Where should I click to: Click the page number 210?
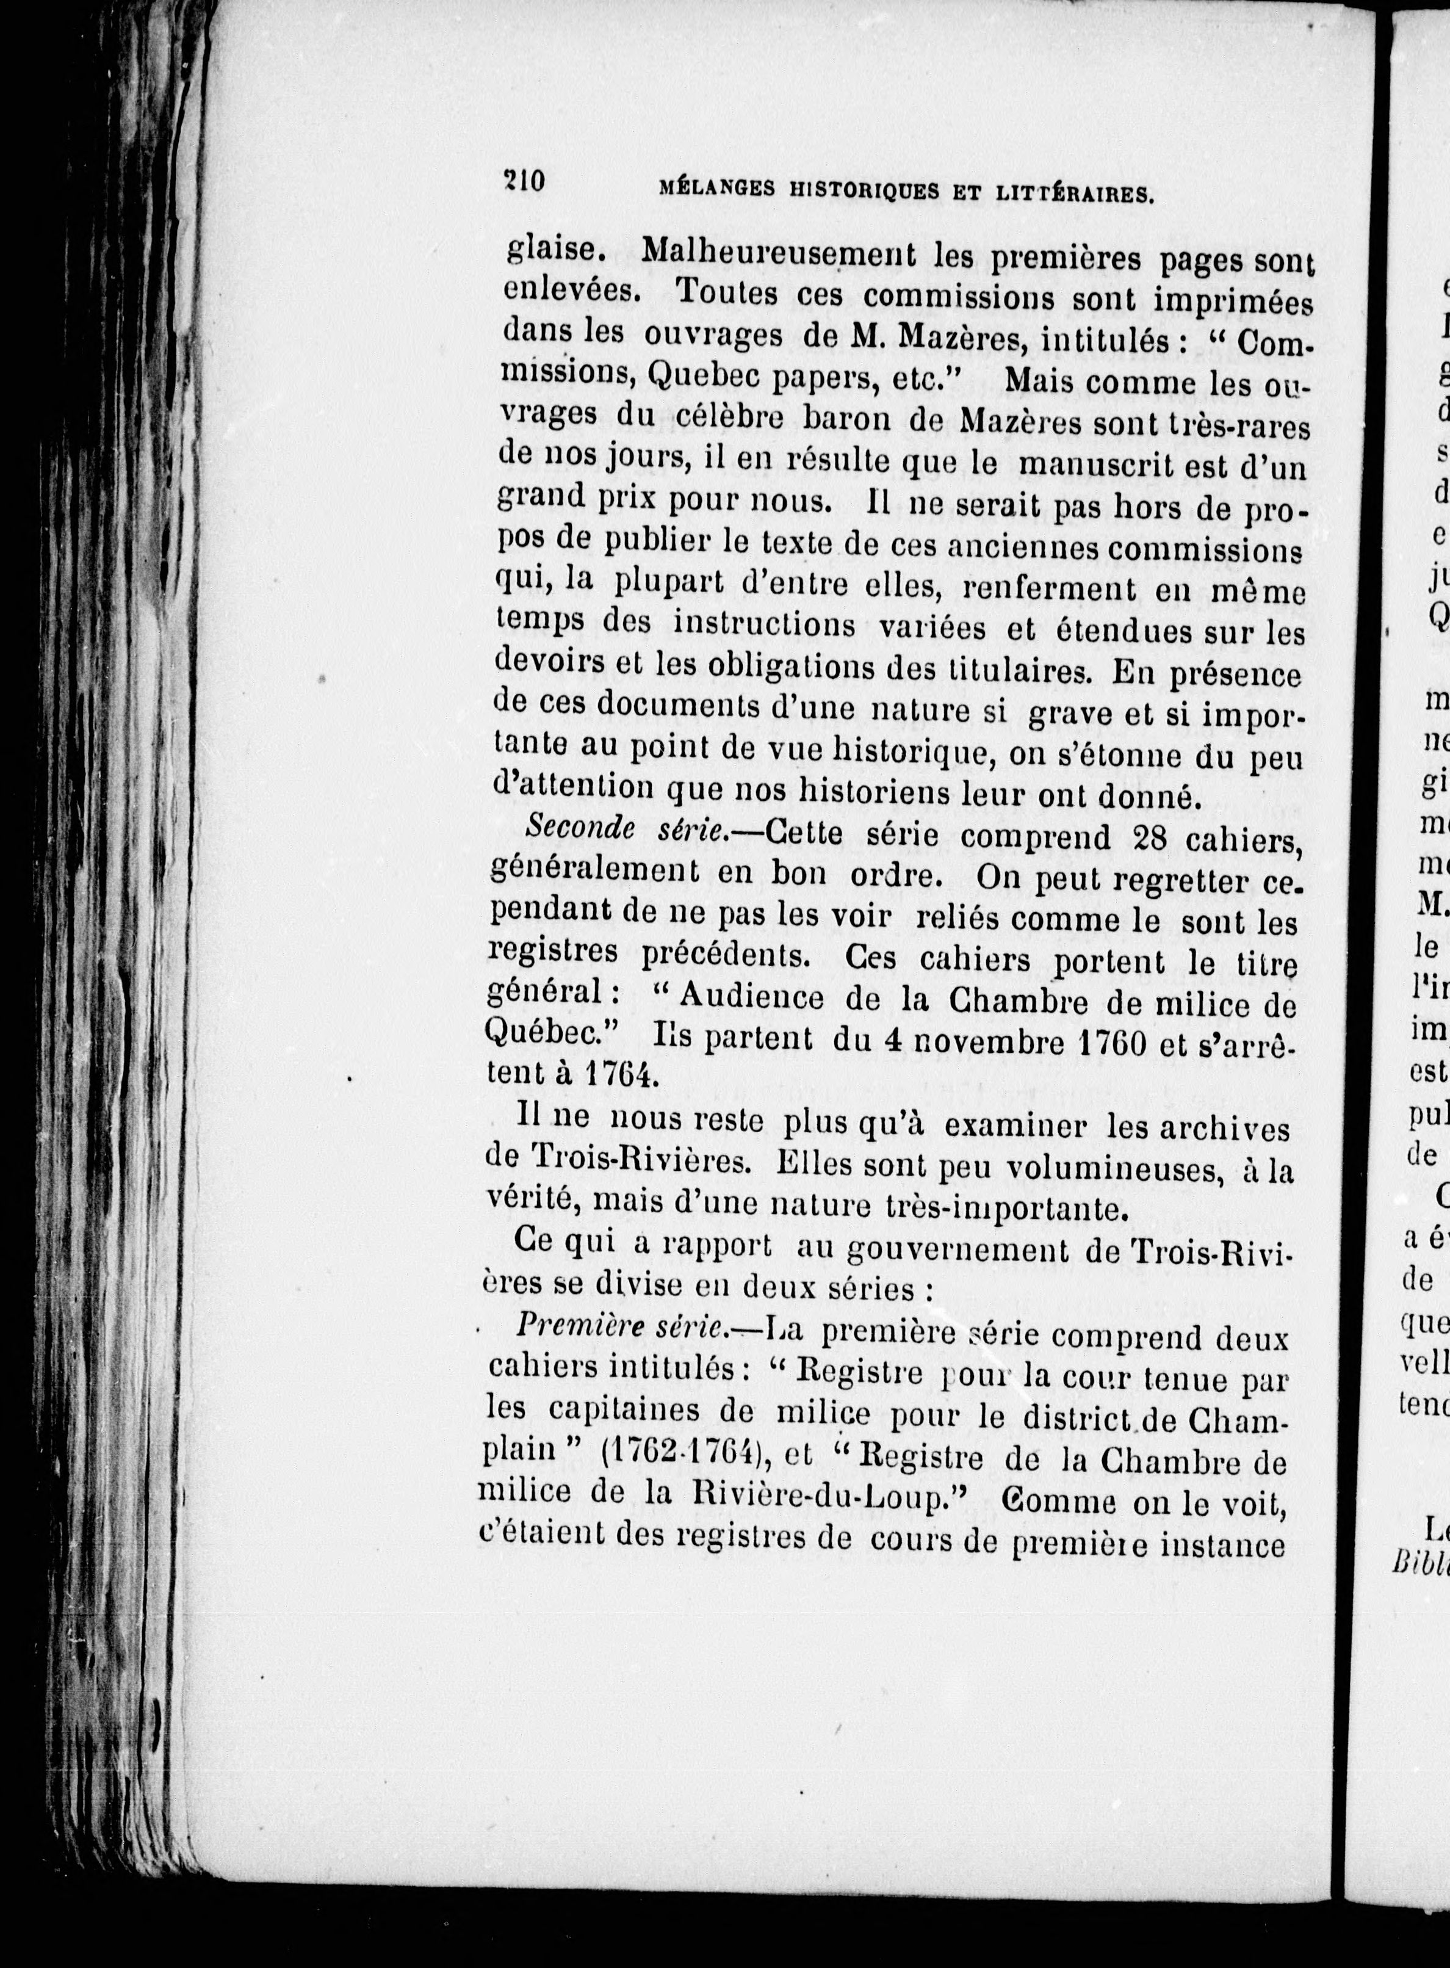525,182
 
